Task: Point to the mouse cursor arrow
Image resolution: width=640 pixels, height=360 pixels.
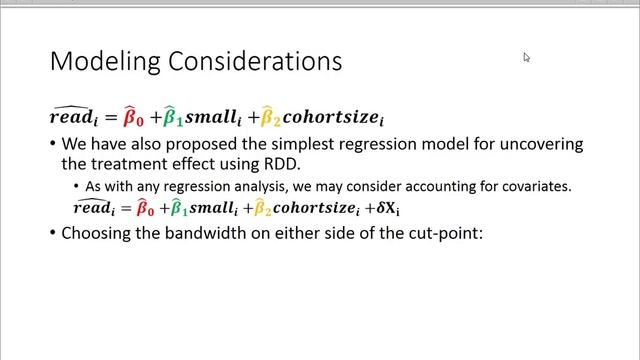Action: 526,57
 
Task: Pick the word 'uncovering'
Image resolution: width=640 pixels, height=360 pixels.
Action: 540,144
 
